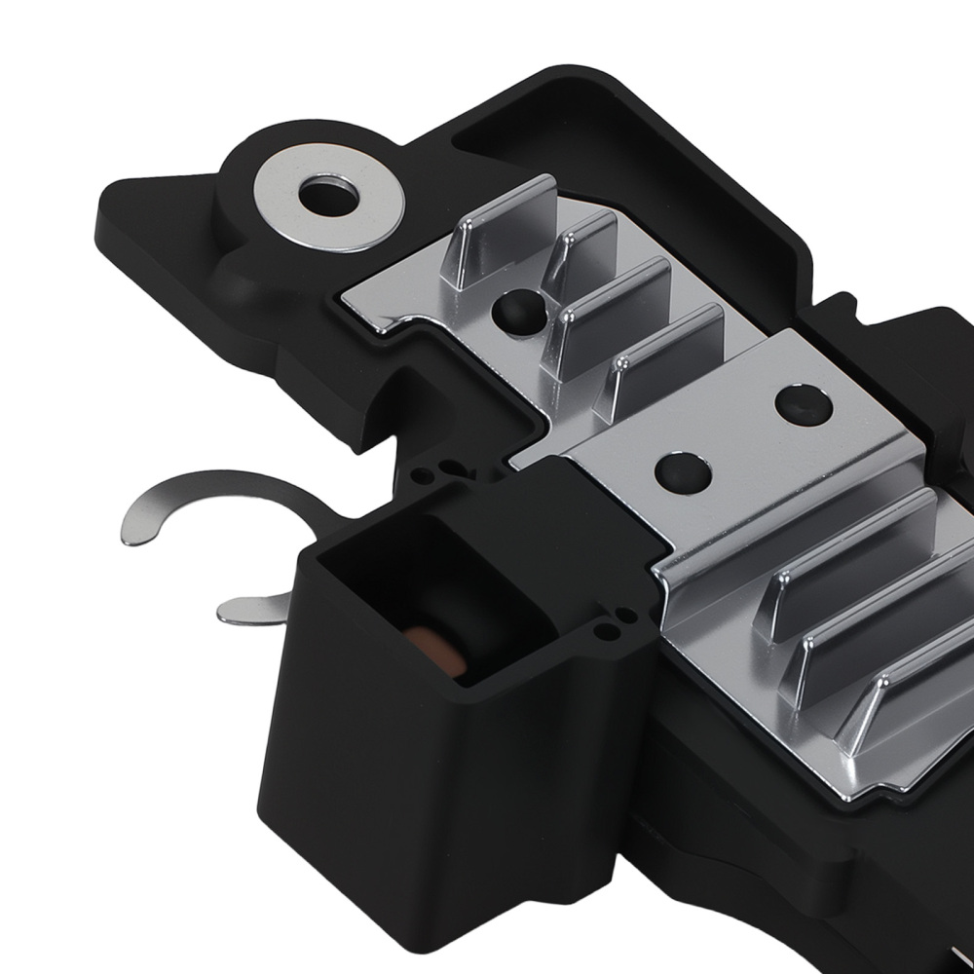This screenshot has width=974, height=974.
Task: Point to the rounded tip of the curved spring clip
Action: coord(132,531)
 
